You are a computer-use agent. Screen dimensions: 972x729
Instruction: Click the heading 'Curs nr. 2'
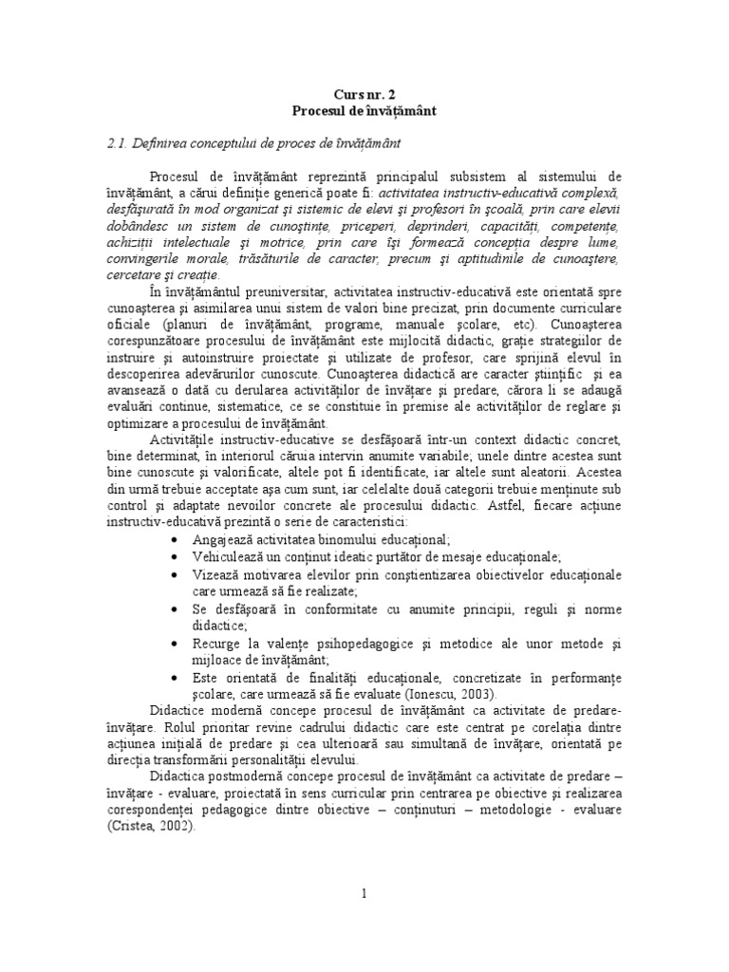point(364,94)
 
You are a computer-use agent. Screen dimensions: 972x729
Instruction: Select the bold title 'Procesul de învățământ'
point(364,110)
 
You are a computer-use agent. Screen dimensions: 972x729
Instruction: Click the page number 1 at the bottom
point(364,893)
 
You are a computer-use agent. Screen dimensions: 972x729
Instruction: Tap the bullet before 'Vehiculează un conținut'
point(178,556)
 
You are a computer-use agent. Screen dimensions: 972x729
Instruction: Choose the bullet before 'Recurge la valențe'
point(178,643)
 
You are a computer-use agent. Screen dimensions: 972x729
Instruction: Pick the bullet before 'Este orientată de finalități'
point(178,677)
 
